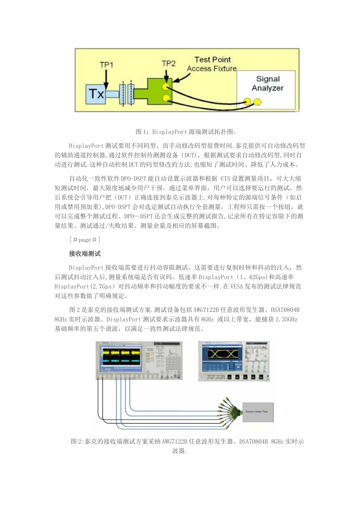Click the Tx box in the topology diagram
coord(96,93)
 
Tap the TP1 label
coord(106,65)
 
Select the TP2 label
coord(168,63)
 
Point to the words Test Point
coord(212,59)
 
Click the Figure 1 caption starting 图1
coord(186,132)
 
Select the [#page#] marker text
coord(85,240)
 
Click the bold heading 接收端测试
coord(85,254)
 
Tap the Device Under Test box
coord(257,412)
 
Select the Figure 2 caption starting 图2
coord(187,442)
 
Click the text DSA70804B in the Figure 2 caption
coord(254,442)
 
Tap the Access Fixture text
coord(211,69)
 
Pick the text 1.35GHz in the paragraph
coord(287,319)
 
